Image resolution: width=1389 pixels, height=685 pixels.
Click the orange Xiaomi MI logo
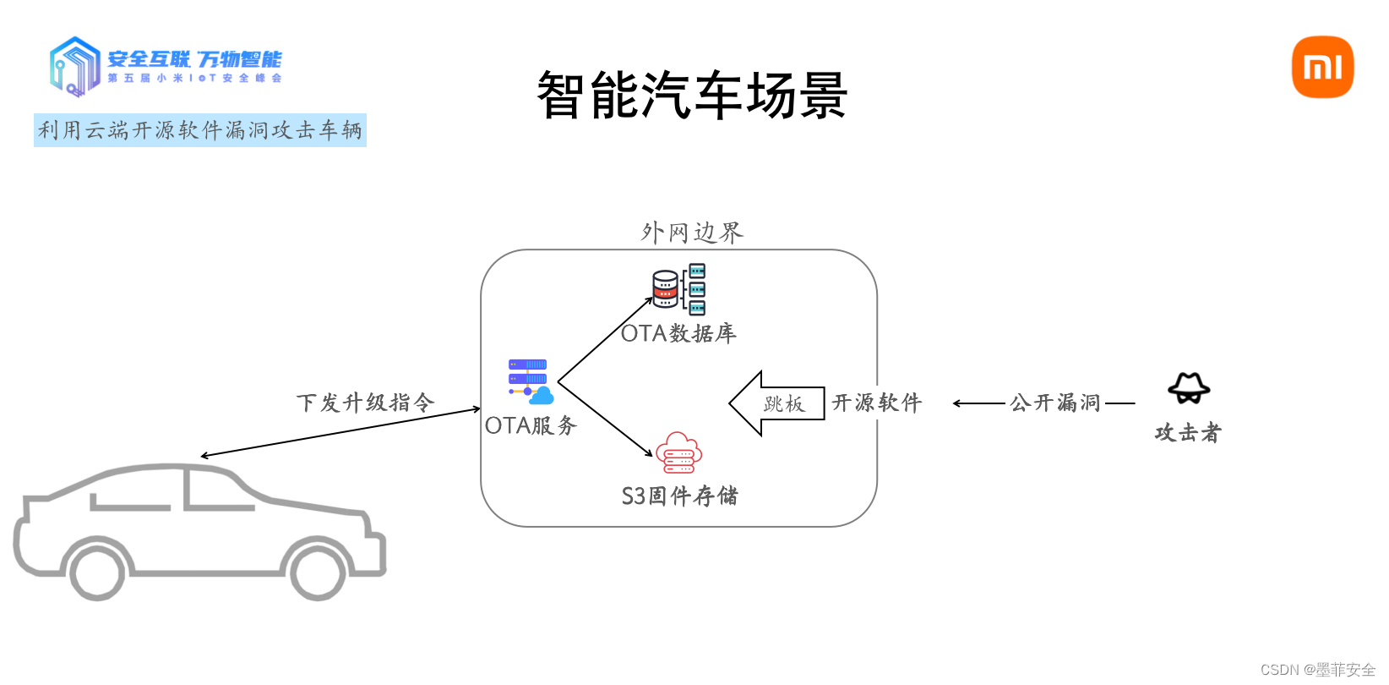pos(1322,67)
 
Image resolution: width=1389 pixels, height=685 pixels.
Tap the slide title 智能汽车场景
pos(692,95)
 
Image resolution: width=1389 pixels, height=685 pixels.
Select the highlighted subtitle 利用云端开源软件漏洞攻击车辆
pos(200,130)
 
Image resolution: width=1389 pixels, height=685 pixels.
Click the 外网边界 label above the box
pos(692,233)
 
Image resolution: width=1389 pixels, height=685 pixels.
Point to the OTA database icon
pos(678,288)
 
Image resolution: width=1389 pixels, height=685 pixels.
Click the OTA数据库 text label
pos(678,333)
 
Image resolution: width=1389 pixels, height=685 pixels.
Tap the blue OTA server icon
pos(530,381)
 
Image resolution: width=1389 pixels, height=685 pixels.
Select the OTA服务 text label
pos(531,425)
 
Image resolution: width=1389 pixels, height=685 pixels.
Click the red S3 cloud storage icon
pos(679,453)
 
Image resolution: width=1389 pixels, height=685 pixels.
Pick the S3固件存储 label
pos(679,496)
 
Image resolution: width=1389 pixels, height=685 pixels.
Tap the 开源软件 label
pos(877,403)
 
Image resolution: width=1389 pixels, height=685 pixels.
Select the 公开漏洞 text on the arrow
pos(1055,403)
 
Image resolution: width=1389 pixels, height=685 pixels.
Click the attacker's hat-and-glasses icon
pos(1189,388)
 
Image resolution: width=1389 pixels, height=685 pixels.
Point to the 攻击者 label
pos(1188,433)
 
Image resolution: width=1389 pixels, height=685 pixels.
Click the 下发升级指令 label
pos(365,403)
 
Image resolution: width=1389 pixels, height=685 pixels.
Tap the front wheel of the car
pos(97,573)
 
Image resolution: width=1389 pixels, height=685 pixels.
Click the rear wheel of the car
pos(318,572)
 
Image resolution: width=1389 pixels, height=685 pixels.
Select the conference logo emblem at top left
pos(74,66)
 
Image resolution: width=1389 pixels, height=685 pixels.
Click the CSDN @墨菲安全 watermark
pos(1317,670)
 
